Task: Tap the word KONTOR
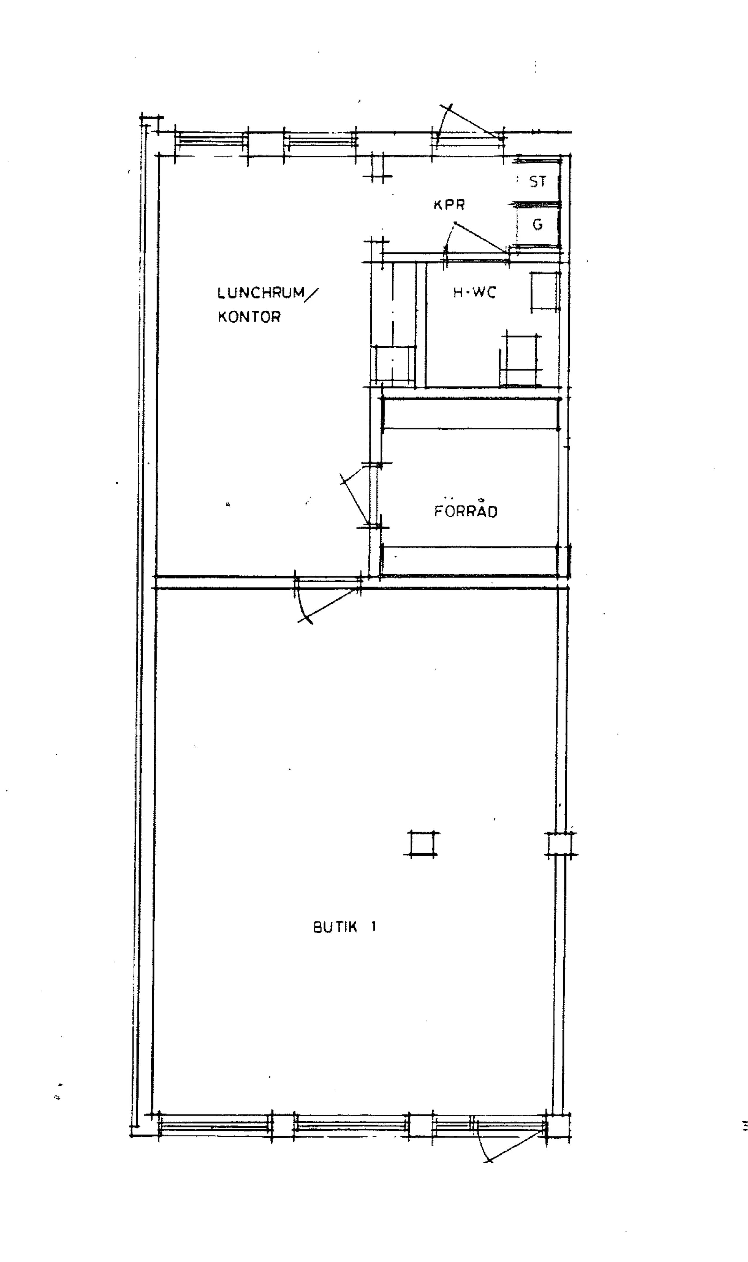(249, 317)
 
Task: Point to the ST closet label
(538, 181)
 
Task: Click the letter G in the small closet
(538, 224)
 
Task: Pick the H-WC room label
(474, 292)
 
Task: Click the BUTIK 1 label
(345, 926)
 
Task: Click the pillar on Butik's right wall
(561, 844)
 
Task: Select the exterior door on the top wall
(469, 126)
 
